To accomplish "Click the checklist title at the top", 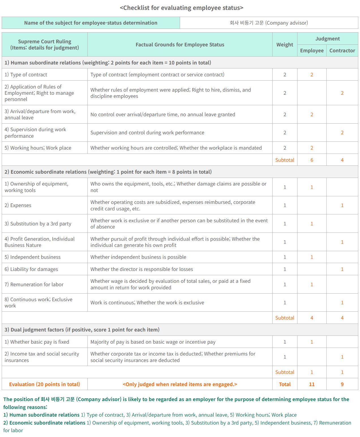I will tap(181, 8).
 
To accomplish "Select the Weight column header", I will tap(285, 45).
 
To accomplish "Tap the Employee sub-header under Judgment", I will tap(312, 51).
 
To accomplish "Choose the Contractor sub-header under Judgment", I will tap(342, 51).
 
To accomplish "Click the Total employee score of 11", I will tap(312, 384).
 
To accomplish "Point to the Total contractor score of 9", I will tap(342, 384).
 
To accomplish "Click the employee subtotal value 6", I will tap(312, 160).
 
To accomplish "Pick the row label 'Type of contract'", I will tap(26, 75).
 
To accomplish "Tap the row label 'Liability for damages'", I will tap(31, 269).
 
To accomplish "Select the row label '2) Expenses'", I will tap(18, 205).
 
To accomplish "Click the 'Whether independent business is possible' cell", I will tap(138, 257).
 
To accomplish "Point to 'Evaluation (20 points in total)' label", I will tap(44, 384).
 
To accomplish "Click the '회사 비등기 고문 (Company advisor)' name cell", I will tap(269, 23).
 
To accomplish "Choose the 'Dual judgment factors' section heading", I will tap(82, 330).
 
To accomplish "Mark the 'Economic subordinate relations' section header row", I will tap(108, 172).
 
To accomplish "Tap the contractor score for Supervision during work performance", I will tap(342, 133).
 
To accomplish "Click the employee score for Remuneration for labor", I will tap(312, 285).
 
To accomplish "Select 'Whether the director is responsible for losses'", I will tap(142, 269).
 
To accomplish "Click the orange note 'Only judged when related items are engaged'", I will tap(180, 384).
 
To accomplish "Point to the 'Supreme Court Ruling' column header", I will tap(44, 45).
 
